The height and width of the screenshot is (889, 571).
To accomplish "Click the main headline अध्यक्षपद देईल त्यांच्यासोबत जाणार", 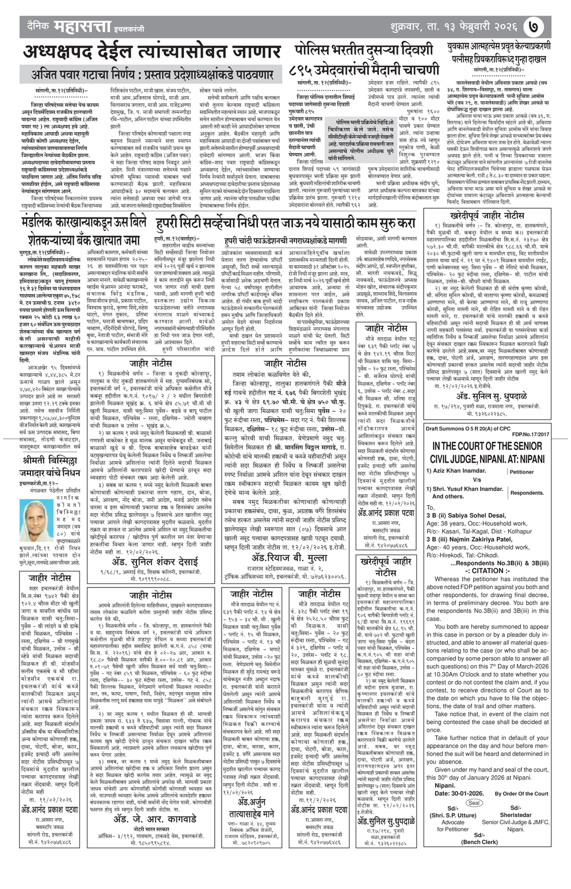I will pos(153,52).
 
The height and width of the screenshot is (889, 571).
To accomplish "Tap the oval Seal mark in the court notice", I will pos(474,803).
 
